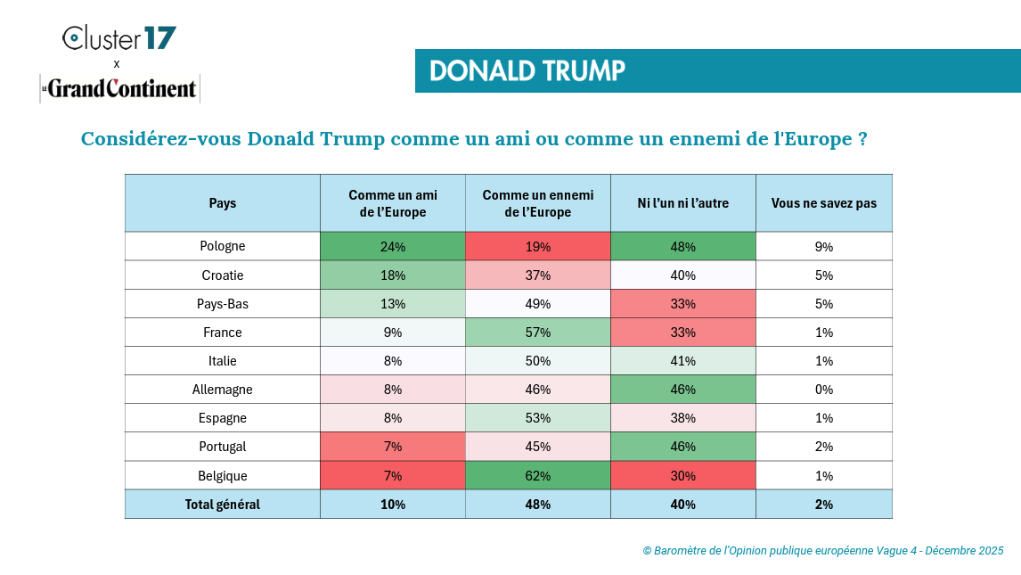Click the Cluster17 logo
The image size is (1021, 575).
tap(118, 38)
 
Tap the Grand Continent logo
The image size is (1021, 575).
tap(119, 88)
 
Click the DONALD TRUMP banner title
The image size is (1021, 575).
tap(527, 71)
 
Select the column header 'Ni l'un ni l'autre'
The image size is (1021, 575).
tap(683, 203)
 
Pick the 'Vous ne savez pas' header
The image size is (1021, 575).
tap(824, 203)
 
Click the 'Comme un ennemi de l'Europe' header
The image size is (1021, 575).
tap(538, 203)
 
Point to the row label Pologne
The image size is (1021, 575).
tap(223, 246)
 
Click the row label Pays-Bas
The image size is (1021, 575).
tap(223, 304)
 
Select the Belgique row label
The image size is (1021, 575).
tap(223, 475)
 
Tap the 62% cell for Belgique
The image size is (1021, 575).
tap(538, 475)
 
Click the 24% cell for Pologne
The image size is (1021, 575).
tap(393, 247)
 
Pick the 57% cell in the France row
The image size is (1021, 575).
tap(538, 333)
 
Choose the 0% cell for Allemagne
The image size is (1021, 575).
tap(824, 390)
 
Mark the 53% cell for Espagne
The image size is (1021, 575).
tap(538, 418)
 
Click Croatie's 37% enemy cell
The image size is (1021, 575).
tap(538, 275)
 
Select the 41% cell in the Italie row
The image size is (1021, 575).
tap(683, 361)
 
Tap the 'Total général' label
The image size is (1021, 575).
tap(223, 505)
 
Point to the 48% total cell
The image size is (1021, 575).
tap(538, 505)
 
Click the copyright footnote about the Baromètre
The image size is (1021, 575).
tap(823, 551)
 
